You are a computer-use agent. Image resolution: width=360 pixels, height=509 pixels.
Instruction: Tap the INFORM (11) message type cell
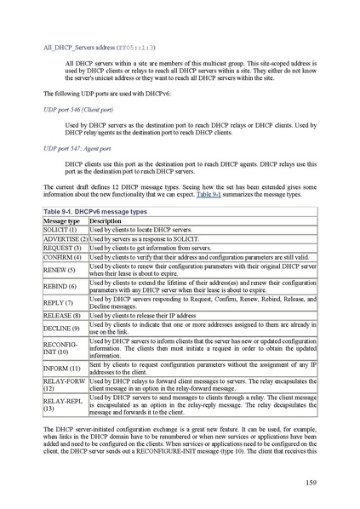pos(61,368)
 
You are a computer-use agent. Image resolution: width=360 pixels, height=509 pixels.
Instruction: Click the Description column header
pos(106,220)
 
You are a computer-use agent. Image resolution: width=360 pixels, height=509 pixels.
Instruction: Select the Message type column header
pos(61,220)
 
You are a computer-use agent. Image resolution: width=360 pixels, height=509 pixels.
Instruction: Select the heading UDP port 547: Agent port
pos(77,148)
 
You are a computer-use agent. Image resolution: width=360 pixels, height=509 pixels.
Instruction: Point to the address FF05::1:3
pos(137,49)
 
